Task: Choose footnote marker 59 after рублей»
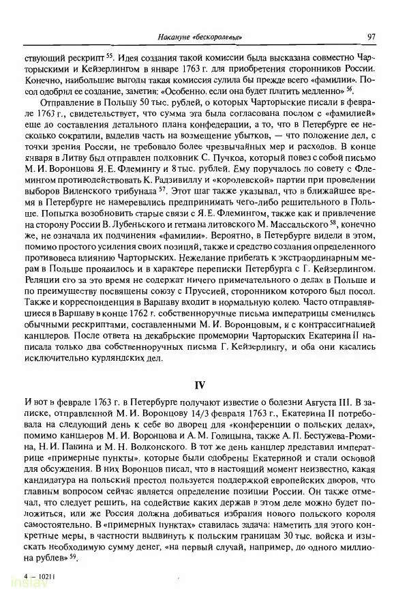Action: click(x=72, y=558)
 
